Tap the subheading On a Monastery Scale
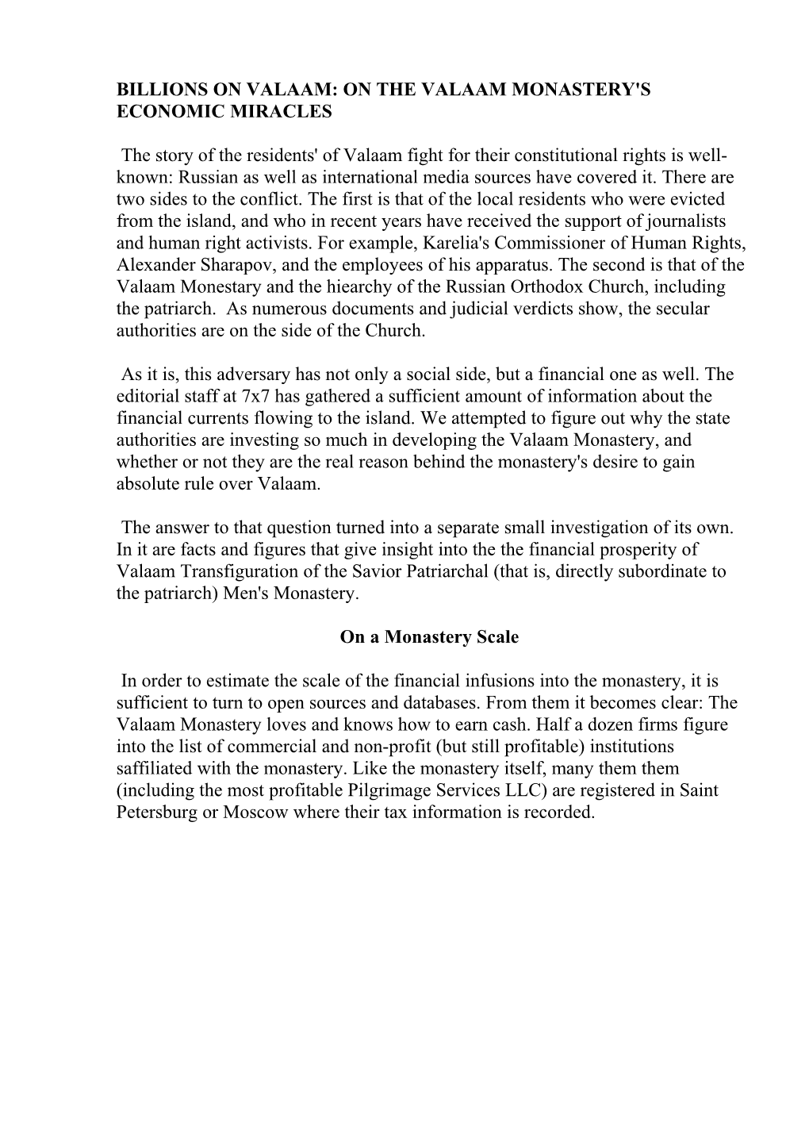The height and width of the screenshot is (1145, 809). [429, 636]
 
